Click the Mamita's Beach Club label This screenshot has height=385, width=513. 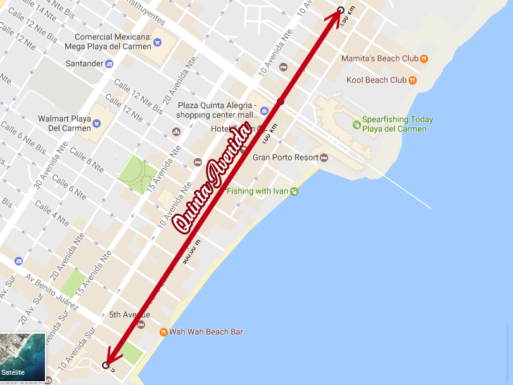(x=379, y=58)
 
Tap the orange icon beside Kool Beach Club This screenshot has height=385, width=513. (x=412, y=80)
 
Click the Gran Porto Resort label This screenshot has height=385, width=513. (x=286, y=157)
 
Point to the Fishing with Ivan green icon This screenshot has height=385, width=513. (x=294, y=191)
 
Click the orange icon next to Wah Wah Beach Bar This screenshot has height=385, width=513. (x=163, y=332)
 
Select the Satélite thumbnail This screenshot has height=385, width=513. (x=23, y=357)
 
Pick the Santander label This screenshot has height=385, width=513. (x=85, y=63)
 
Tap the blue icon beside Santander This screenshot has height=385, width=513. (x=110, y=63)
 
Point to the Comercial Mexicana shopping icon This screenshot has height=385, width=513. (x=157, y=42)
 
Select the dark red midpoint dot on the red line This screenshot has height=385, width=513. (x=281, y=101)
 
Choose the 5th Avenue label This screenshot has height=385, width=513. (x=129, y=315)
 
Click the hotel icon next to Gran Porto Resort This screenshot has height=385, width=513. (x=324, y=157)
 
